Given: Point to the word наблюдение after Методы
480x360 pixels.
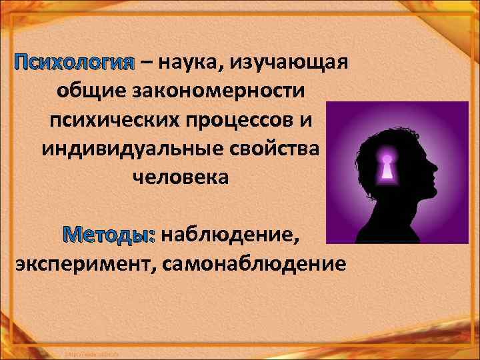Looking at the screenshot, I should coord(230,235).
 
